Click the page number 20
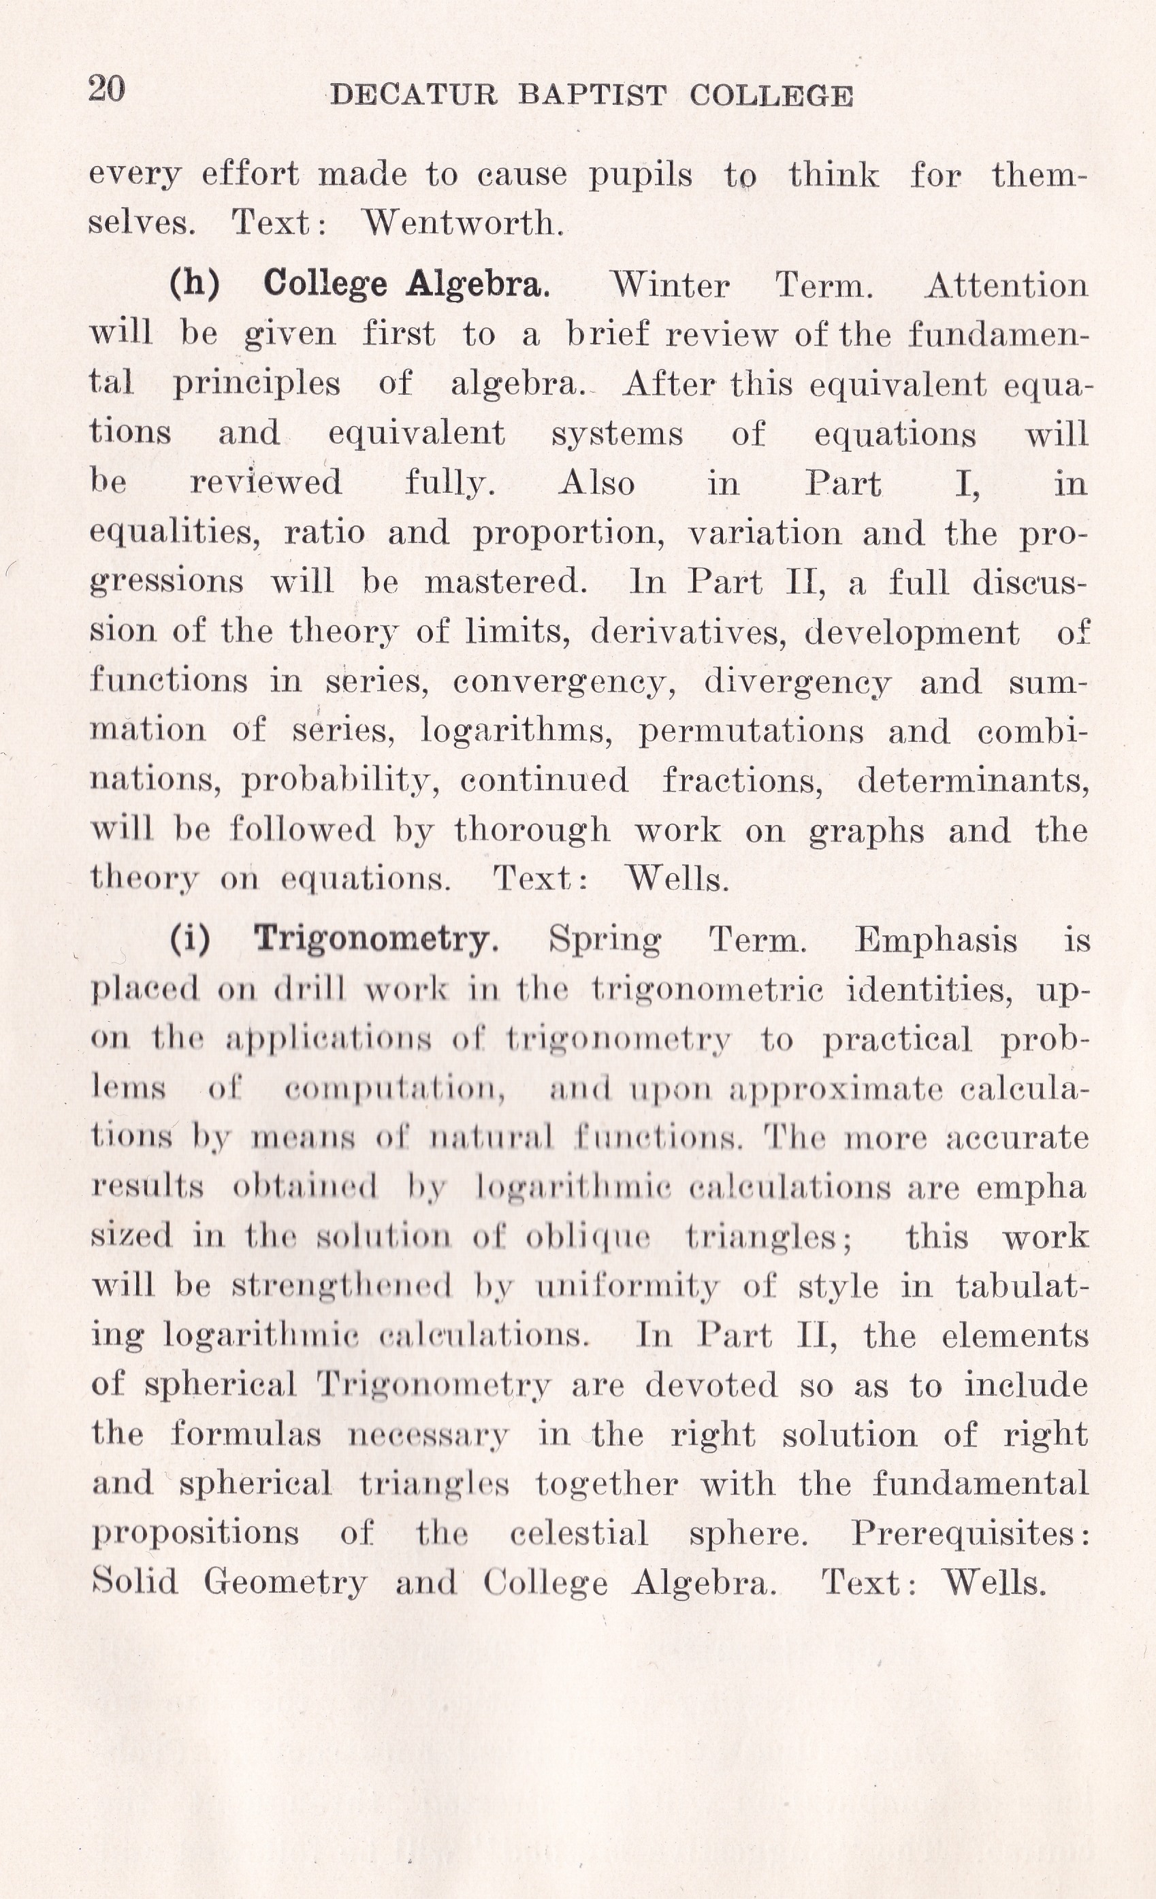click(x=106, y=89)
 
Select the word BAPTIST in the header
click(x=592, y=95)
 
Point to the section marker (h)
click(x=194, y=284)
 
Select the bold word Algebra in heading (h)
click(x=478, y=284)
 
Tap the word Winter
click(x=669, y=286)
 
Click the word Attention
click(x=1006, y=286)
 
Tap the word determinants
click(x=973, y=781)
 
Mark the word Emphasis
click(x=935, y=940)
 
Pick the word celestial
click(x=579, y=1533)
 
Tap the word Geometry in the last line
click(x=285, y=1583)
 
